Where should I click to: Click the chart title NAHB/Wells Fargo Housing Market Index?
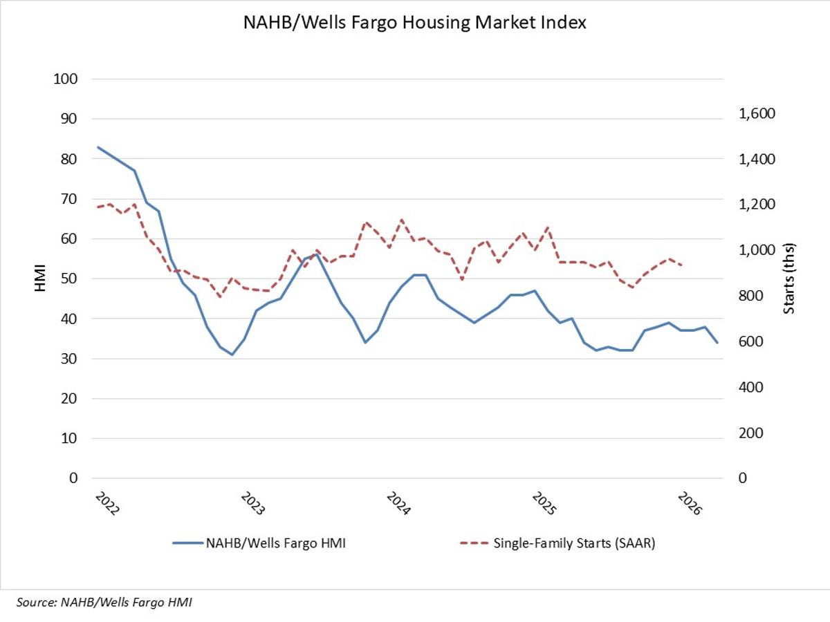[x=414, y=23]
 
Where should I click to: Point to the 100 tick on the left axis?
[x=64, y=79]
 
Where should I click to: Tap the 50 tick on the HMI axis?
[x=68, y=279]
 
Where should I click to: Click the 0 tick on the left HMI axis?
[x=71, y=478]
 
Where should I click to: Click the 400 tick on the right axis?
[x=750, y=388]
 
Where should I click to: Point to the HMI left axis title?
[x=39, y=279]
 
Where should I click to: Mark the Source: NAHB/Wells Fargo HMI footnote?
[x=101, y=603]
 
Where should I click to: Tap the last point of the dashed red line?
[x=682, y=265]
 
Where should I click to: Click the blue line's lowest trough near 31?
[x=232, y=355]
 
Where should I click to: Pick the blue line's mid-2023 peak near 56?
[x=316, y=254]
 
